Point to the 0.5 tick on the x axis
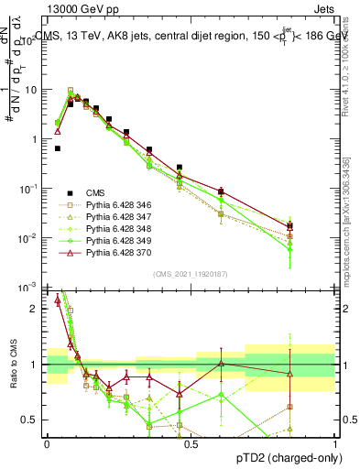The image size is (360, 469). pos(191,442)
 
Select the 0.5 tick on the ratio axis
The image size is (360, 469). pos(35,420)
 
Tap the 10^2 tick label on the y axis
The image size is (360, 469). pos(31,41)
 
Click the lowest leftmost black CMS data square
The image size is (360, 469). pos(58,147)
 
